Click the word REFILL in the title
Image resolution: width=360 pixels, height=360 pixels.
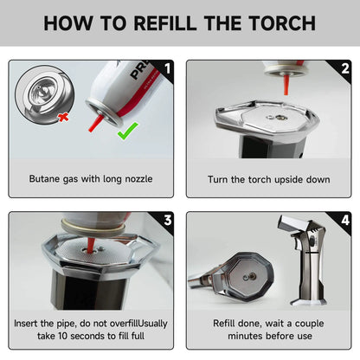click(x=165, y=23)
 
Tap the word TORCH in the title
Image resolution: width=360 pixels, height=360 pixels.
click(x=282, y=23)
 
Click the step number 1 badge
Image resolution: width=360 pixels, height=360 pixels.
click(x=167, y=68)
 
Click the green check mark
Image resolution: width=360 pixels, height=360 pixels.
click(x=127, y=131)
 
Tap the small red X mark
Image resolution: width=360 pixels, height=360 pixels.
click(x=63, y=117)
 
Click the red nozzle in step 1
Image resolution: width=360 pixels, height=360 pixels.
click(x=95, y=123)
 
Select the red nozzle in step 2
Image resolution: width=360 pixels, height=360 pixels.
click(x=286, y=85)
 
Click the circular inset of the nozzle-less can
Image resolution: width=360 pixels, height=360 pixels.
click(x=45, y=95)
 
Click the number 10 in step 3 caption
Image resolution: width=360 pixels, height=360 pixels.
click(x=63, y=336)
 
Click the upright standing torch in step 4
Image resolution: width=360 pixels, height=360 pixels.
click(x=305, y=260)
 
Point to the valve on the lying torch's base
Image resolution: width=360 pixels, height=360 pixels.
click(x=253, y=276)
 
